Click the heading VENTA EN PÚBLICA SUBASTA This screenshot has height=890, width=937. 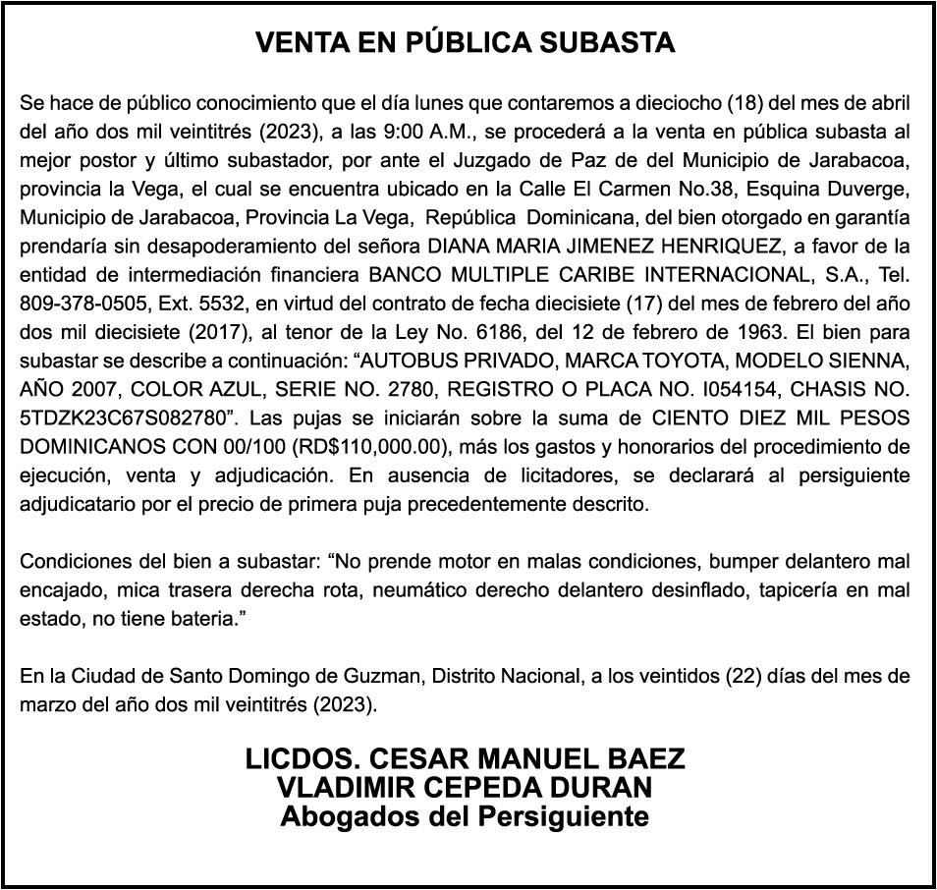[466, 43]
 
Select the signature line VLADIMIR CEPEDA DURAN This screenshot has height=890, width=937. [466, 787]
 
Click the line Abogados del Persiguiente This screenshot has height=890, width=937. [466, 815]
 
